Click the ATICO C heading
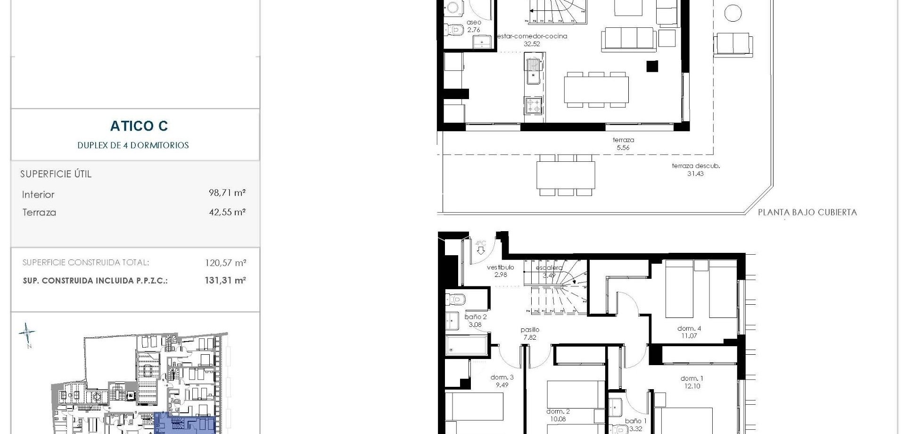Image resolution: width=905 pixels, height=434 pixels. [x=139, y=126]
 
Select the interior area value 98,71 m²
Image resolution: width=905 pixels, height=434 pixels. [x=227, y=193]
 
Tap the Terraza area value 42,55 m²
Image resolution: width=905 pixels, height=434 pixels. [x=227, y=212]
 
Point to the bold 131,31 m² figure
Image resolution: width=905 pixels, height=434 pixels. [x=225, y=280]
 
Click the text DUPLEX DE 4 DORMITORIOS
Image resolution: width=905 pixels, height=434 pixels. [x=133, y=145]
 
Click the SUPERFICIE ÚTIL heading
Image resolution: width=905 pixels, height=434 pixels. [x=56, y=174]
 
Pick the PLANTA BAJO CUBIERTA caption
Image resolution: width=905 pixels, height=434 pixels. [x=807, y=212]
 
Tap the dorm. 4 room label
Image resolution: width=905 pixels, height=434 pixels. [x=689, y=332]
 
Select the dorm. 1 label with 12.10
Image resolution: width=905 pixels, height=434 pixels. [x=691, y=382]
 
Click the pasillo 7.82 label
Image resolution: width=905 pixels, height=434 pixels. [x=530, y=334]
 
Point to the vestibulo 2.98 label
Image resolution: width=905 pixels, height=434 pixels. [x=500, y=271]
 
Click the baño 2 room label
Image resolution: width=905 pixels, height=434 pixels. [x=475, y=320]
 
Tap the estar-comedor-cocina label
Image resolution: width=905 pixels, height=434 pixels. [x=532, y=40]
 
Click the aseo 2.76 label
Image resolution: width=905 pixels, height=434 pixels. [x=474, y=26]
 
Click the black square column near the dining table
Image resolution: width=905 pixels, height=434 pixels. [x=652, y=67]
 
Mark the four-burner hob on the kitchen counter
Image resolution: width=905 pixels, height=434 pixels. [x=534, y=105]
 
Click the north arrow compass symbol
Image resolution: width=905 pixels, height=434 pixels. [x=27, y=334]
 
